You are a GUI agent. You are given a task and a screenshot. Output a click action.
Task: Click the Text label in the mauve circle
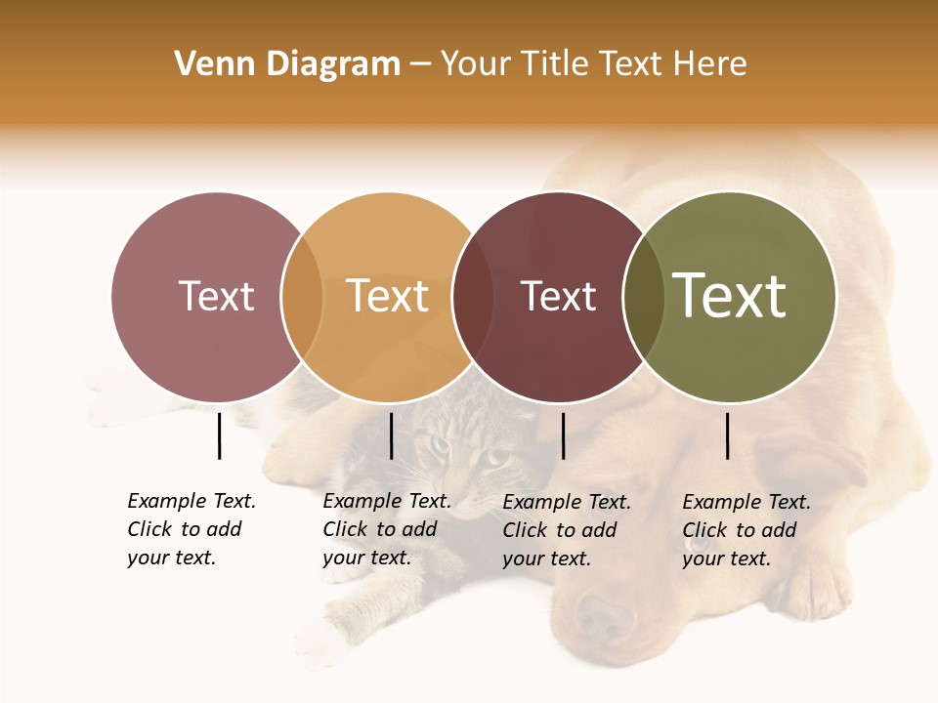[x=216, y=296]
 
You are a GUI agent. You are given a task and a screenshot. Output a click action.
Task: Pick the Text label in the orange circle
[x=388, y=296]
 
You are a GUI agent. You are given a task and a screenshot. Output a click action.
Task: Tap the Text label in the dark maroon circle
[x=558, y=296]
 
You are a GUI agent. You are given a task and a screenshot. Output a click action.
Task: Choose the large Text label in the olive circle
[x=730, y=296]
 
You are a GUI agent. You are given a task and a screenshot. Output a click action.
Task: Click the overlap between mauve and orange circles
[x=302, y=297]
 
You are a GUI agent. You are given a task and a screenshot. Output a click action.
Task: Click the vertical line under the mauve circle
[x=219, y=435]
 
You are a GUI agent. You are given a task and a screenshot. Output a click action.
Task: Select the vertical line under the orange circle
[x=391, y=435]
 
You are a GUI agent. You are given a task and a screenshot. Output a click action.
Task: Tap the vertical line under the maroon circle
[x=563, y=435]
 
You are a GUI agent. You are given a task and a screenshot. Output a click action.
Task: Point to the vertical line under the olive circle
[x=728, y=435]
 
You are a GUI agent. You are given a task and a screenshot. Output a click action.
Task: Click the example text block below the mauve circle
[x=191, y=529]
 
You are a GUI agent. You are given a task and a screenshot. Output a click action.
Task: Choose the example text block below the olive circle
[x=746, y=530]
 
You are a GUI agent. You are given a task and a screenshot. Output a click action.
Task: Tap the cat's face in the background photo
[x=464, y=459]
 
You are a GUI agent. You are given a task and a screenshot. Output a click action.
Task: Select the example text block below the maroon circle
[x=566, y=530]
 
